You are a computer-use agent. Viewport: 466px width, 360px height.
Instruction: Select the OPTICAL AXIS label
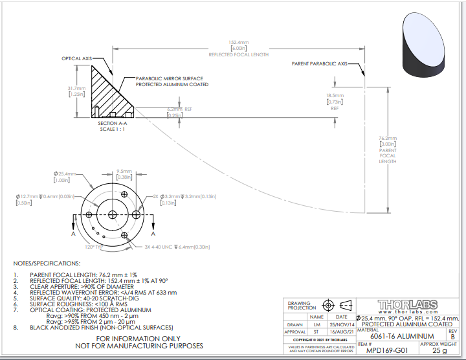tap(76, 58)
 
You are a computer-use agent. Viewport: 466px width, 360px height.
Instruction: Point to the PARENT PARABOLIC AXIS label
tap(320, 64)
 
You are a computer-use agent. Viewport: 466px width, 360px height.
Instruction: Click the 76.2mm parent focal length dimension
tap(387, 143)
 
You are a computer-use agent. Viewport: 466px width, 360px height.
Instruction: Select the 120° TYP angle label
tap(96, 247)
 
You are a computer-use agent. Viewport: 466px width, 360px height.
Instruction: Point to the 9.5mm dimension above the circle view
tap(124, 175)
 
